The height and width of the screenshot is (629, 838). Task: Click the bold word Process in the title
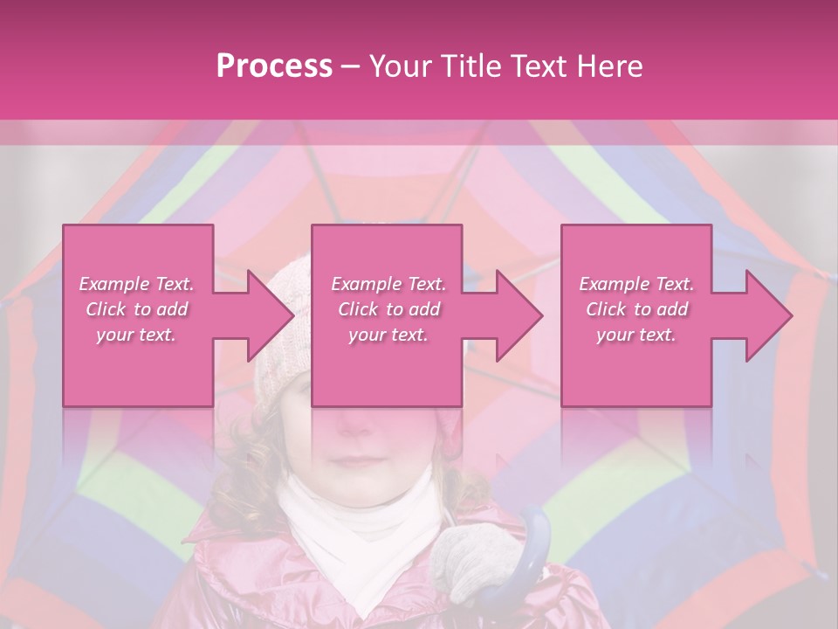pyautogui.click(x=274, y=66)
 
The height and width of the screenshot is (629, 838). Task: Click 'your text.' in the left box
pyautogui.click(x=136, y=335)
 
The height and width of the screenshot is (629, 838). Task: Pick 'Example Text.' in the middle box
pyautogui.click(x=388, y=284)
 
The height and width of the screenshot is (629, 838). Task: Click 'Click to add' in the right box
pyautogui.click(x=636, y=309)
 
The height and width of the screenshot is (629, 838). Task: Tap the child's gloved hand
pyautogui.click(x=471, y=558)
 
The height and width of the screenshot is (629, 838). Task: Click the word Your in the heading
pyautogui.click(x=399, y=66)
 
